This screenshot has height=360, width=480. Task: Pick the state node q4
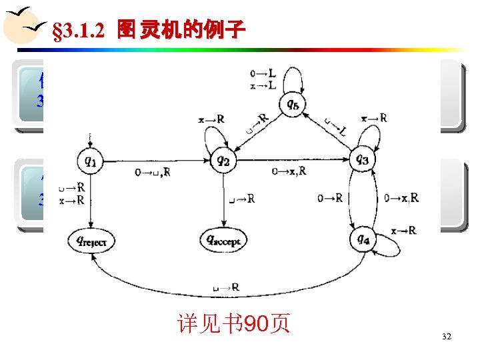[x=362, y=239]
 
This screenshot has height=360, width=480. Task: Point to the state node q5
[x=293, y=104]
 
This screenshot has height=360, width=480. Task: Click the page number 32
[x=446, y=337]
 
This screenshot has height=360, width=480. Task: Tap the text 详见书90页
[x=233, y=324]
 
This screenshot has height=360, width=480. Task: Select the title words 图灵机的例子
[x=181, y=29]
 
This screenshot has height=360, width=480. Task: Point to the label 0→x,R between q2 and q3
[x=289, y=171]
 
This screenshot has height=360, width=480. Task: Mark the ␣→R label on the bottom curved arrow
[x=225, y=287]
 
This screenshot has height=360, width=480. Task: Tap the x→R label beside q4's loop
[x=403, y=230]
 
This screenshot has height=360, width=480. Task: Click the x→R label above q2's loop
[x=211, y=119]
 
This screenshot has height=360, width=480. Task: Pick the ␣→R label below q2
[x=241, y=198]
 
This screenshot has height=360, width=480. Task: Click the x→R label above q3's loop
[x=373, y=118]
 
